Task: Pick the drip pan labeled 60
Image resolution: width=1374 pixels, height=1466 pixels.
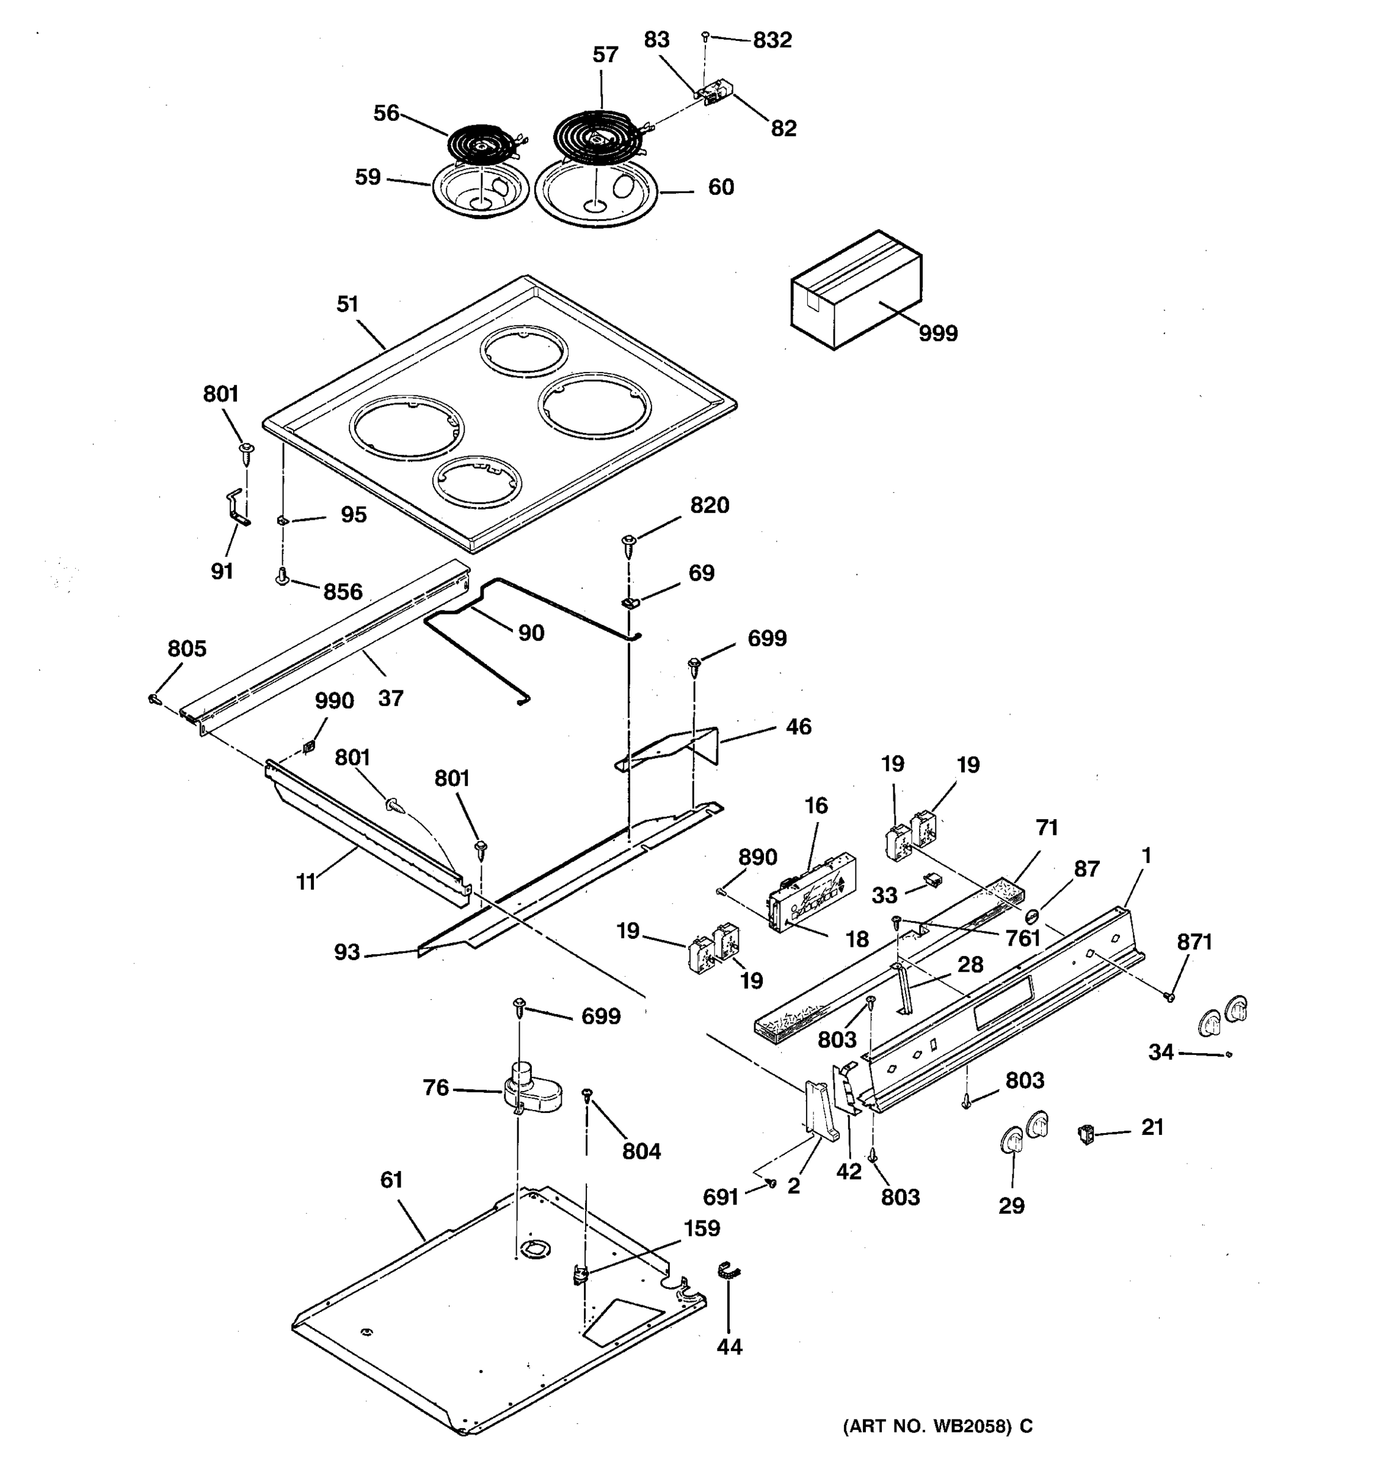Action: coord(595,193)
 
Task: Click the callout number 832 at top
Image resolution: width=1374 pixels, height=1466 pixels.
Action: coord(772,40)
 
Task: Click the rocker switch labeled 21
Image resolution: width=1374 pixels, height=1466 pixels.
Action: coord(1086,1134)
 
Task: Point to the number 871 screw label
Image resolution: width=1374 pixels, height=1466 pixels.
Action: coord(1194,942)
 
